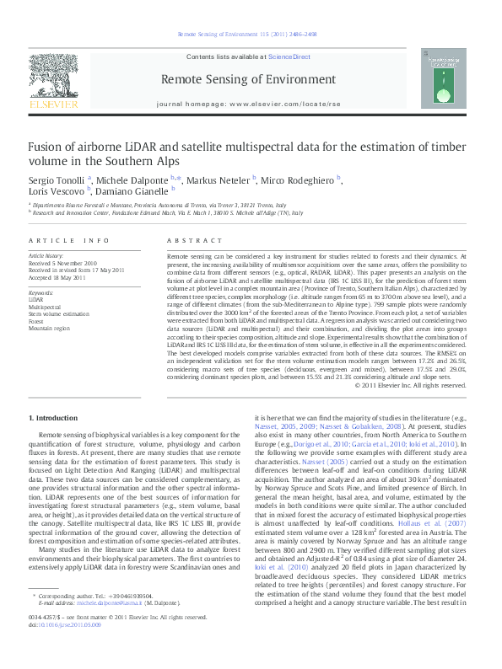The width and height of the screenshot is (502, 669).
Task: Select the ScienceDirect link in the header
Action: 289,56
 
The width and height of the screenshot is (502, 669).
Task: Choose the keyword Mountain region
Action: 50,328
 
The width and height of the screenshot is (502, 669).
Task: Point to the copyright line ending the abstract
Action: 410,385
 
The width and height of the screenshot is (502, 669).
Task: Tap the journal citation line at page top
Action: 246,35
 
